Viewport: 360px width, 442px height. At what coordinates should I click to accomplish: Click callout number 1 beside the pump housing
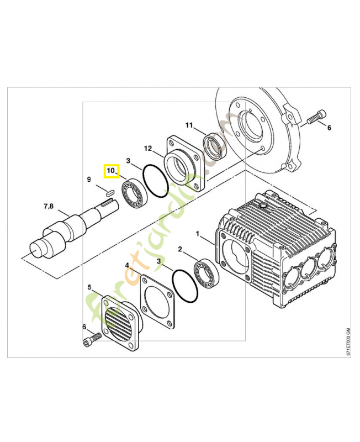[x=198, y=234]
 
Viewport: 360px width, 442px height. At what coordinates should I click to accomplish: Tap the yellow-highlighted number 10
[x=112, y=171]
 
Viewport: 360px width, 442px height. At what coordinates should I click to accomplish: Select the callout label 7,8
[x=48, y=207]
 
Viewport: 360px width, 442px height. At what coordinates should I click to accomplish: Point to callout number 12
[x=148, y=149]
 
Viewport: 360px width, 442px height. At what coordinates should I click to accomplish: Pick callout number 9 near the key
[x=88, y=179]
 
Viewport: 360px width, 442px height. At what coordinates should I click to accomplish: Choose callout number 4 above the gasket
[x=127, y=266]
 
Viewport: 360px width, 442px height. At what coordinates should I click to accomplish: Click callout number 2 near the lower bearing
[x=179, y=250]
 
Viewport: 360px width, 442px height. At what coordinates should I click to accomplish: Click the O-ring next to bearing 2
[x=183, y=286]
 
